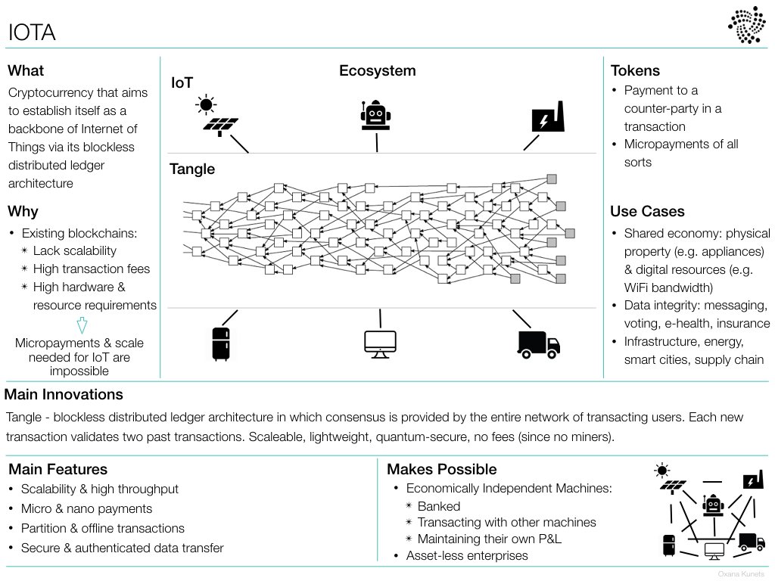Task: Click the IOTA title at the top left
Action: [32, 33]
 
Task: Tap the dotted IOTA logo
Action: [746, 25]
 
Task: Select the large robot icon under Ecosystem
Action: [375, 116]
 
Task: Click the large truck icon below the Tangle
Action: [538, 344]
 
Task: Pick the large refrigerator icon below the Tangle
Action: [220, 344]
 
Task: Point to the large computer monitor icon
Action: [380, 344]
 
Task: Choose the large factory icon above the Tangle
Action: [548, 117]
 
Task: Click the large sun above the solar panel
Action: [206, 104]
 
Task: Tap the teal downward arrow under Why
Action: [82, 325]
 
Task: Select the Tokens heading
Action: [635, 70]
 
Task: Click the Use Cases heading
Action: [648, 212]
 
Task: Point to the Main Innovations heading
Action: [64, 394]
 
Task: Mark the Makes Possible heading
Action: [442, 469]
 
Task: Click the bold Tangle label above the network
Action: [192, 169]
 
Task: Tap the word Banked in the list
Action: [439, 506]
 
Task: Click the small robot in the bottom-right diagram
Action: [713, 505]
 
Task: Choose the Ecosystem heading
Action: [378, 70]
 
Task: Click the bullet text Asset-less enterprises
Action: [467, 556]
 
